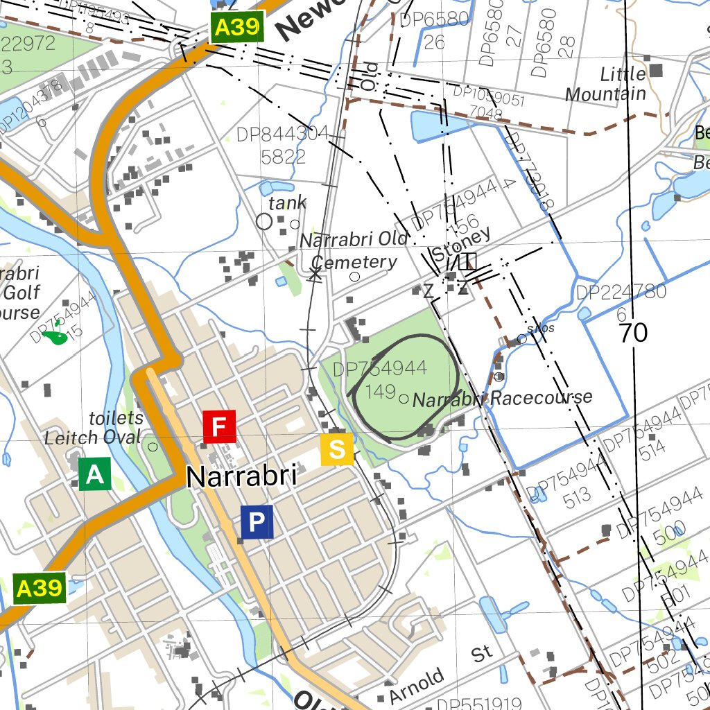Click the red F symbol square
click(x=219, y=426)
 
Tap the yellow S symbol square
click(x=337, y=449)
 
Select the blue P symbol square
click(x=257, y=521)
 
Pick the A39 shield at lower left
click(x=40, y=588)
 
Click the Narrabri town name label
click(x=241, y=477)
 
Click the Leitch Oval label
click(x=92, y=438)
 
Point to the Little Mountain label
click(x=605, y=84)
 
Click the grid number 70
click(x=633, y=333)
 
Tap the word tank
click(x=287, y=203)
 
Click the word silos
click(x=541, y=328)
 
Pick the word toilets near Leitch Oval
click(x=116, y=418)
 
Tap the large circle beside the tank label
click(x=264, y=221)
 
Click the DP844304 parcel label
click(x=283, y=145)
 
